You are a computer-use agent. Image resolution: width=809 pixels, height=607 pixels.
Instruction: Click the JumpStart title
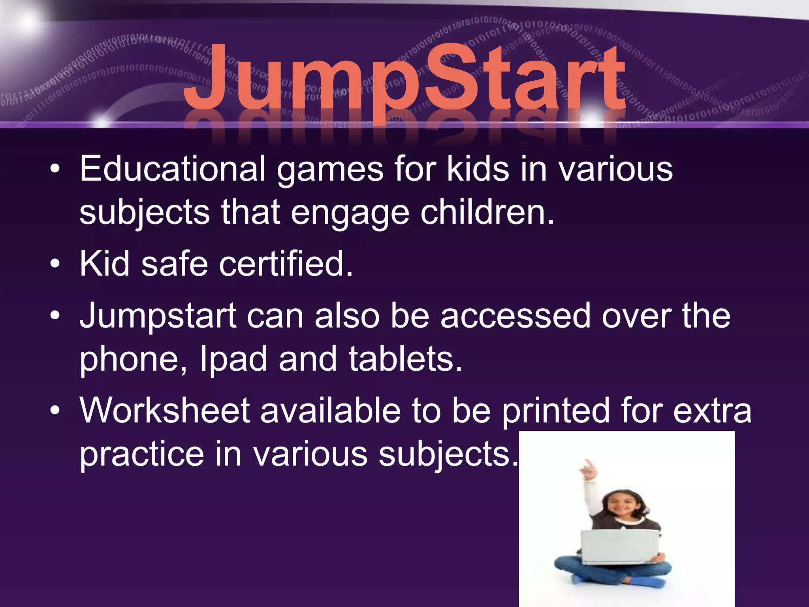coord(404,79)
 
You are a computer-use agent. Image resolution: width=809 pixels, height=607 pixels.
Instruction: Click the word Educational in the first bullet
coord(172,169)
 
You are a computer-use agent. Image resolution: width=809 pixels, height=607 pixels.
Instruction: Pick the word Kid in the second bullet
coord(105,264)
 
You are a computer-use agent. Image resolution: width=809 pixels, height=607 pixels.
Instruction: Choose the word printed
coord(555,411)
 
